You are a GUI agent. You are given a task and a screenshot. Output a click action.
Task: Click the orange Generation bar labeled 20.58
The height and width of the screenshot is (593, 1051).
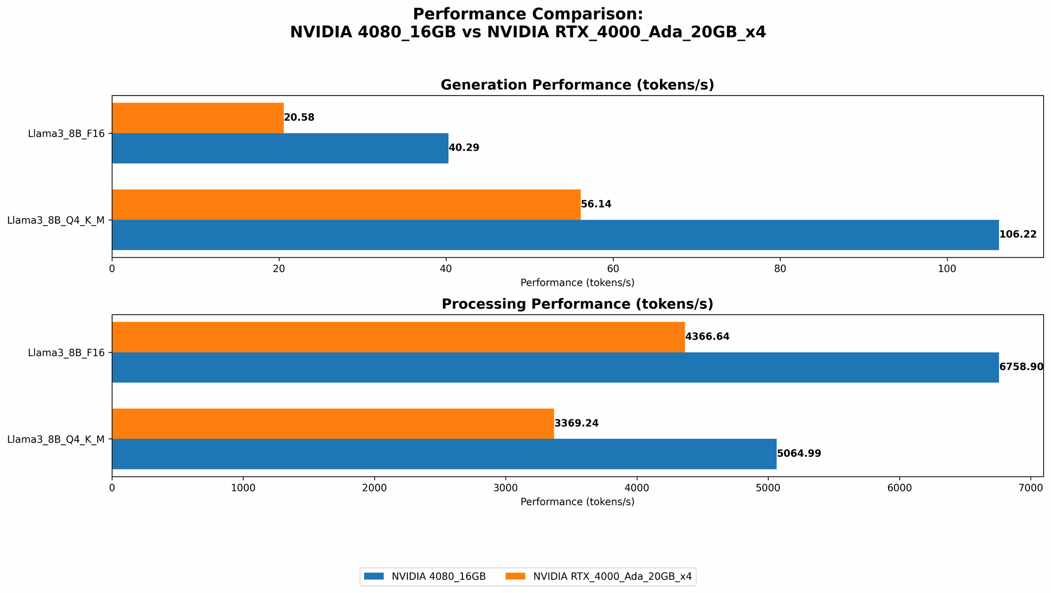click(x=198, y=118)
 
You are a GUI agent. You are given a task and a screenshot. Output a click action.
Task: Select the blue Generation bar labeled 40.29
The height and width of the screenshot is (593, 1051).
click(x=280, y=148)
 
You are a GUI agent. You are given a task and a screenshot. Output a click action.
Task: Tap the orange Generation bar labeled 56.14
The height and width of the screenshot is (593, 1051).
click(x=346, y=204)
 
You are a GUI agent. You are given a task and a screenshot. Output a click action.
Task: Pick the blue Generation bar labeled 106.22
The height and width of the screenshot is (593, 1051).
click(x=555, y=235)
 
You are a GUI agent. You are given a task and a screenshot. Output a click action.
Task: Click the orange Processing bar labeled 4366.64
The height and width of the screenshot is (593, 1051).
click(x=398, y=337)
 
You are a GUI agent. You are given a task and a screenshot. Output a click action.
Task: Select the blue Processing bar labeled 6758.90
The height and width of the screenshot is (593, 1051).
click(x=555, y=367)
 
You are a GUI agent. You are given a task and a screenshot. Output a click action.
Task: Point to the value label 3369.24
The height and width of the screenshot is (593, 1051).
click(x=576, y=423)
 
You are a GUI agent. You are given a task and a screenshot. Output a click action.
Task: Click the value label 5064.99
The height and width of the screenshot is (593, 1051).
click(x=799, y=454)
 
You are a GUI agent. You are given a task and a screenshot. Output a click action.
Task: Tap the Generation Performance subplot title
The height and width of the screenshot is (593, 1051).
click(x=577, y=85)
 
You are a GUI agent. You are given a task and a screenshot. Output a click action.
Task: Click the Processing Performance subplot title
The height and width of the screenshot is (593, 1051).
click(x=577, y=304)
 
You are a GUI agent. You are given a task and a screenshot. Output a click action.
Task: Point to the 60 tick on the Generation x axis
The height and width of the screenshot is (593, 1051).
click(x=613, y=268)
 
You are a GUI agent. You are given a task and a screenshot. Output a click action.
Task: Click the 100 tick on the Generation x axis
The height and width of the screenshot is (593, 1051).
click(x=947, y=268)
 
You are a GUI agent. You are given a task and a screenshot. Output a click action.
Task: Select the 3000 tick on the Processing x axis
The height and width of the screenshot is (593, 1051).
click(x=506, y=487)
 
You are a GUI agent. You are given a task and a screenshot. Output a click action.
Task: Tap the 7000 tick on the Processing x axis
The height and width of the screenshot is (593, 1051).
click(x=1031, y=487)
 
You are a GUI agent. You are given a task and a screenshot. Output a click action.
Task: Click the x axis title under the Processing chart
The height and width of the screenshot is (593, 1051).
click(x=577, y=502)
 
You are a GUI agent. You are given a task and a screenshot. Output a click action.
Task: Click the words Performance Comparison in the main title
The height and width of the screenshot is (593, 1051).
click(x=528, y=14)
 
